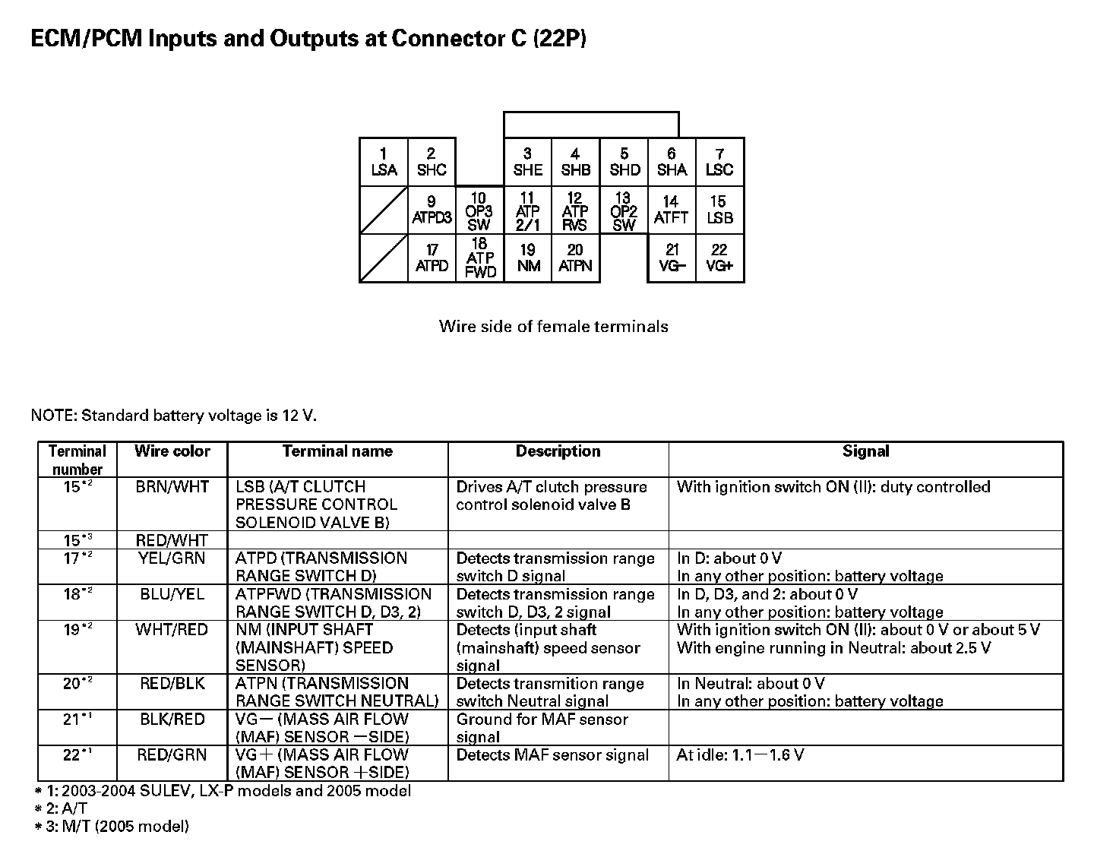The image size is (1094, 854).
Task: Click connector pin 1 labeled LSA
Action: point(384,162)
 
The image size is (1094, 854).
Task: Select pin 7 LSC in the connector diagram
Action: point(719,162)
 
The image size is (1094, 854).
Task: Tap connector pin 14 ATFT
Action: point(671,210)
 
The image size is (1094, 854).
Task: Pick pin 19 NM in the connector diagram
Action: point(528,258)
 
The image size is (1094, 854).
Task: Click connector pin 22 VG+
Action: point(719,258)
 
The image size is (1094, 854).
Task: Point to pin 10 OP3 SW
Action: point(479,210)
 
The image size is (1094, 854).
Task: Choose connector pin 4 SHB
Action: point(575,162)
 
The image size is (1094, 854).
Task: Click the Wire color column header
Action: point(172,451)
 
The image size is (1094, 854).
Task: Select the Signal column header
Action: point(865,451)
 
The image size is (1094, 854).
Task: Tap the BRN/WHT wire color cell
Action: point(172,487)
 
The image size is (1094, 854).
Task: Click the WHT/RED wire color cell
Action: point(172,630)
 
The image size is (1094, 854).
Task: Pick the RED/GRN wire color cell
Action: point(172,755)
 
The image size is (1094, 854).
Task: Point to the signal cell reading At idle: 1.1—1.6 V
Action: point(740,755)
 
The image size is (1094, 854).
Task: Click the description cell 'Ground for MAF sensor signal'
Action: point(542,728)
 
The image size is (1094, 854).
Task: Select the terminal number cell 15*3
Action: point(77,540)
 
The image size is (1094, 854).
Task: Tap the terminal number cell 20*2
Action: point(77,684)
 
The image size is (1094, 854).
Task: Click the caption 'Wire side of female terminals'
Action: point(553,327)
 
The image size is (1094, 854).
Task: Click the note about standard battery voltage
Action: point(174,416)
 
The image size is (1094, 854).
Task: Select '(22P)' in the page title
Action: point(560,39)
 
